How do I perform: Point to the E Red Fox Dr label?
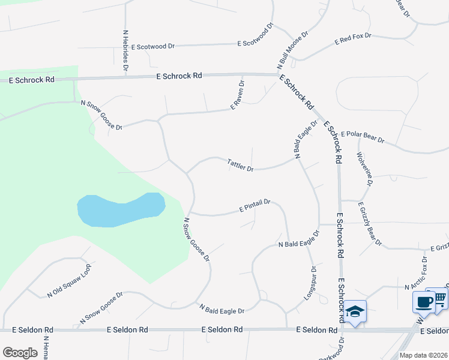[353, 40]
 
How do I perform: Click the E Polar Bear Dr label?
[362, 137]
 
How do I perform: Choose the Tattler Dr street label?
[240, 164]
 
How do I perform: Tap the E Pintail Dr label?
[255, 206]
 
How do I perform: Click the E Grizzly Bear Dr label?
[370, 223]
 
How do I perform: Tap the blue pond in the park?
[120, 209]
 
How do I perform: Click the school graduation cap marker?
[355, 311]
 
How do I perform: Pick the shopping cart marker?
[441, 298]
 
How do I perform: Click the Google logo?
[20, 353]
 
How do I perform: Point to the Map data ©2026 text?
[422, 355]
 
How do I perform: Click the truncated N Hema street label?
[46, 348]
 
